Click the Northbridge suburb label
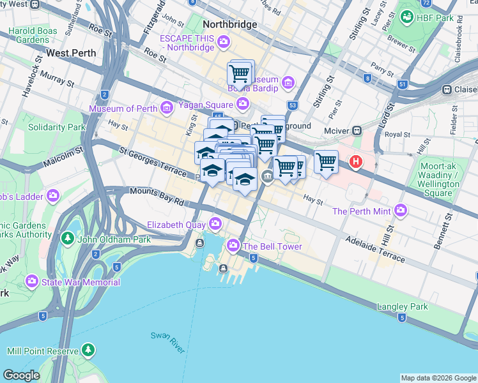coord(229,24)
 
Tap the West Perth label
coord(72,53)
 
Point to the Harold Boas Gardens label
coord(33,35)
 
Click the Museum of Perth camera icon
coord(167,108)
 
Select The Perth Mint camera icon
coord(401,210)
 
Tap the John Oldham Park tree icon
coord(68,239)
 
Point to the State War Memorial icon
coord(31,282)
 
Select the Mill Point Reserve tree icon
coord(88,350)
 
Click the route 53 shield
coord(293,105)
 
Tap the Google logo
coord(22,375)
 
